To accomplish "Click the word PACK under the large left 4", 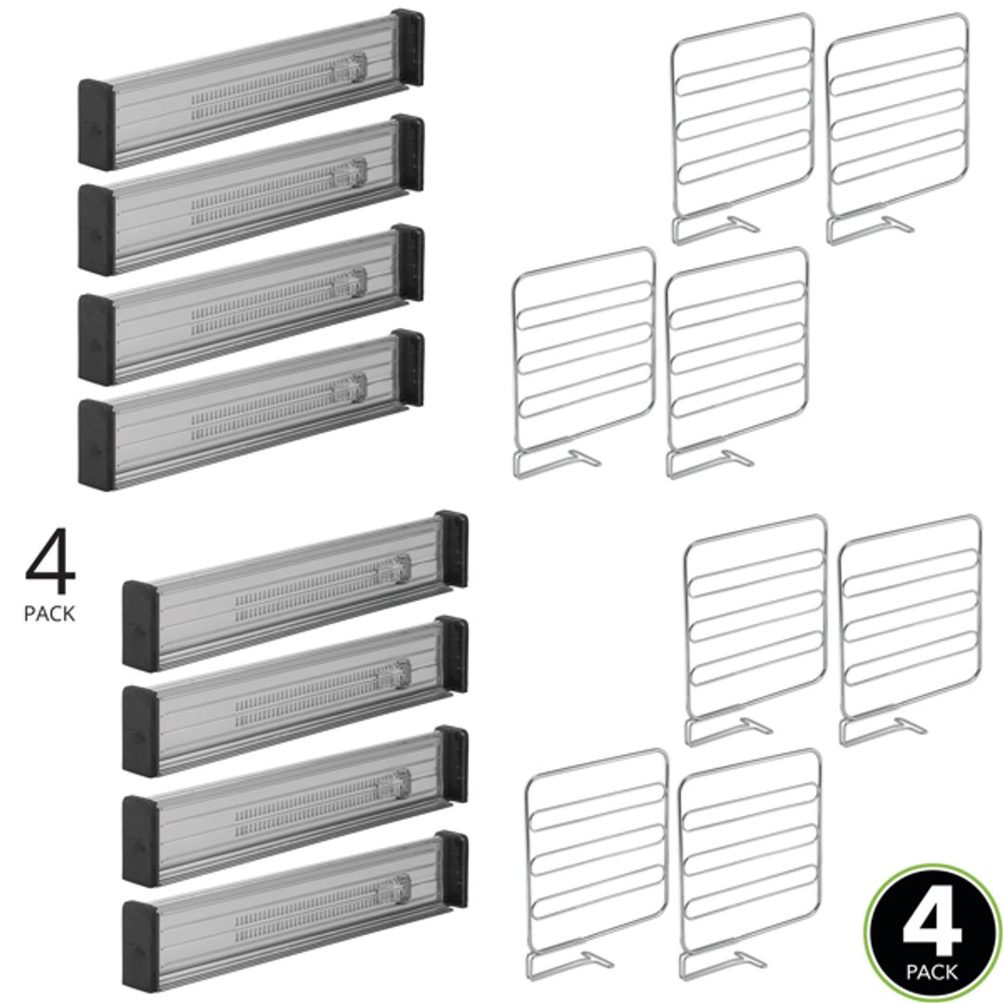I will [49, 614].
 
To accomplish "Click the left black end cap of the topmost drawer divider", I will [96, 124].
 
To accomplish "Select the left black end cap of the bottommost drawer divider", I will [139, 944].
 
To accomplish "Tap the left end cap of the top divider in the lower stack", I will [139, 625].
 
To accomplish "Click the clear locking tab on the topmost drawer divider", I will [351, 67].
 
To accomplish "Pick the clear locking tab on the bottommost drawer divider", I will [394, 888].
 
